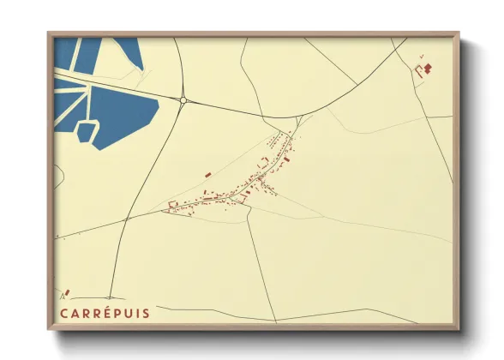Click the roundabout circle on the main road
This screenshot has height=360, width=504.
click(x=183, y=100)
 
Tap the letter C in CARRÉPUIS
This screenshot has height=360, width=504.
click(x=63, y=314)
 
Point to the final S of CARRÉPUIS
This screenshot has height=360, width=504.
click(x=146, y=314)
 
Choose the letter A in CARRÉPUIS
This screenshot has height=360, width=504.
click(x=75, y=314)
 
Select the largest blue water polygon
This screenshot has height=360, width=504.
click(x=124, y=110)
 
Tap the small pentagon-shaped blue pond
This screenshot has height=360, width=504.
click(x=87, y=132)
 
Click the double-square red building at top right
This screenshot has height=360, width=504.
click(x=428, y=67)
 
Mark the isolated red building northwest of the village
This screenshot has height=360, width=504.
click(x=207, y=175)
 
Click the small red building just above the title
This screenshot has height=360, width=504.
click(x=67, y=293)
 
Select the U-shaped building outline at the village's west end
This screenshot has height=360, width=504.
click(x=172, y=205)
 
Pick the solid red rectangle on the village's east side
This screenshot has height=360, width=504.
click(x=288, y=159)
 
